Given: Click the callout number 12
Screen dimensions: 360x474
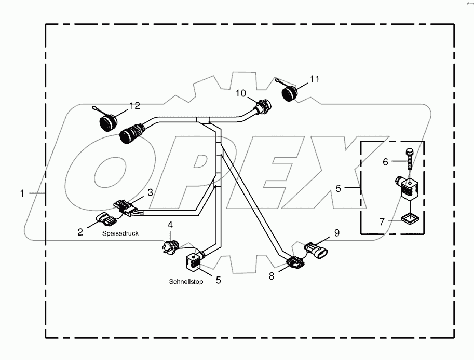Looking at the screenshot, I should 134,106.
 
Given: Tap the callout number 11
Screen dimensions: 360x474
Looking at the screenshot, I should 315,79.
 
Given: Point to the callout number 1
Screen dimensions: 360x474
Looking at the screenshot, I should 22,193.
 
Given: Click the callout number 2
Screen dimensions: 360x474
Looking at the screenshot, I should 80,232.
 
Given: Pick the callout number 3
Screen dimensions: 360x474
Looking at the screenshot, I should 150,192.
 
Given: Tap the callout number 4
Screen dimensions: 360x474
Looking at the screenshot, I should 169,225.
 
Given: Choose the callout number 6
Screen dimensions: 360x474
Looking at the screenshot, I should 385,162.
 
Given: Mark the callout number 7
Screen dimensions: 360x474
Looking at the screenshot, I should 382,222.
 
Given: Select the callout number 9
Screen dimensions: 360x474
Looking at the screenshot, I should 336,233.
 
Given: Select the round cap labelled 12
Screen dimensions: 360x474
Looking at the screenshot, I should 108,123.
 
